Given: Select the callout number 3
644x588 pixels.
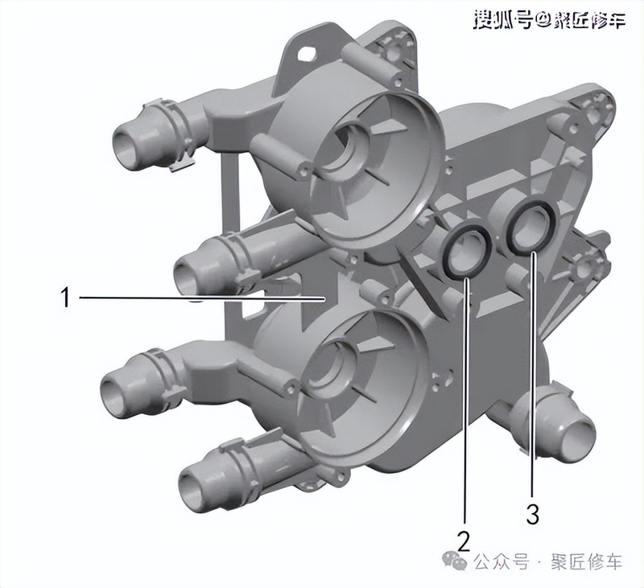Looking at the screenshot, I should (532, 513).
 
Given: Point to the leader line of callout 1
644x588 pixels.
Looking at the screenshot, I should (201, 298).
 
